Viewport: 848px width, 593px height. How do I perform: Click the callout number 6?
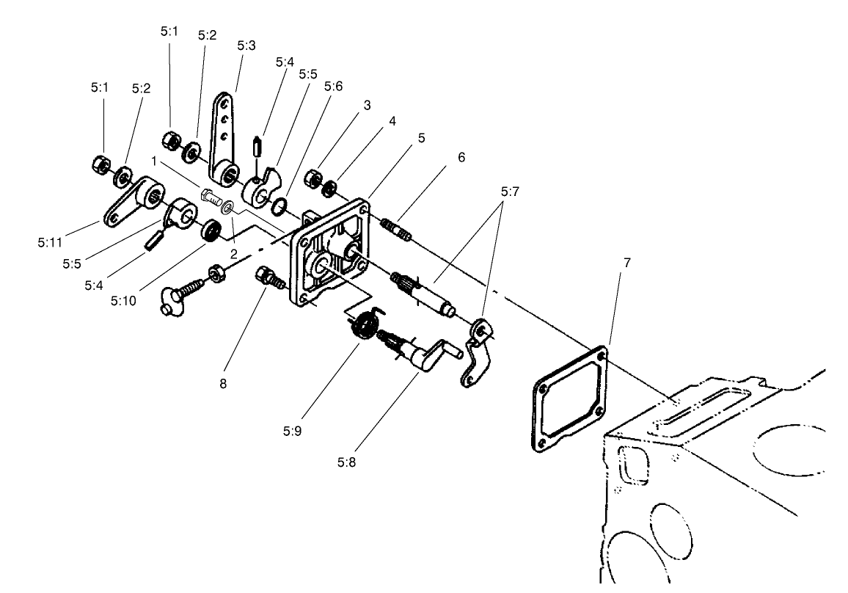460,157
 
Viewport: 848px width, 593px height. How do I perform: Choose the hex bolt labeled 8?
269,279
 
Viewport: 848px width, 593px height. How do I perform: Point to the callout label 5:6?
333,86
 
